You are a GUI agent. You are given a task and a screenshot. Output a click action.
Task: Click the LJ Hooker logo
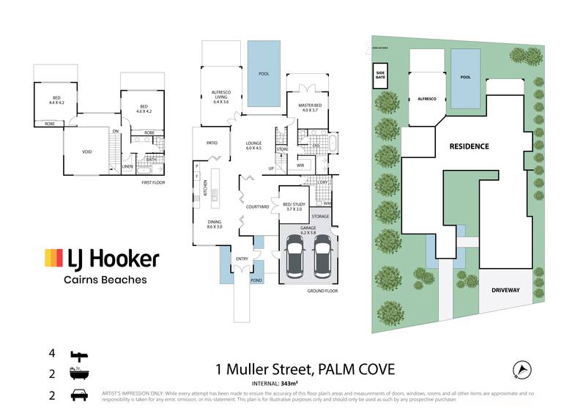click(102, 258)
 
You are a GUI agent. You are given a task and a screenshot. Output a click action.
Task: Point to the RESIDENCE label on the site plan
click(469, 146)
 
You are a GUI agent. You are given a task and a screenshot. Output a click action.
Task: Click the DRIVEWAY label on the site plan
click(505, 290)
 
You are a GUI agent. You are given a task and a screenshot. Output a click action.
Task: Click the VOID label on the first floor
click(86, 152)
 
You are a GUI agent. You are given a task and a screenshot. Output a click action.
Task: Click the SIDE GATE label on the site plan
click(380, 73)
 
